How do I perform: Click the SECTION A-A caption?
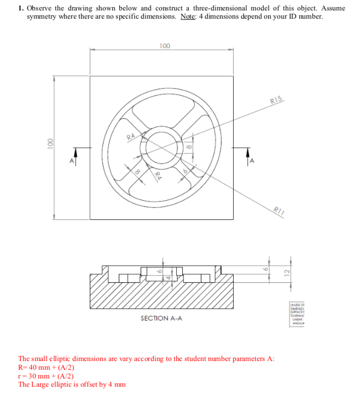[161, 318]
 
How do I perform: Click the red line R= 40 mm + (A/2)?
[47, 367]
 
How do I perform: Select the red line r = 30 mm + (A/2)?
[46, 376]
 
